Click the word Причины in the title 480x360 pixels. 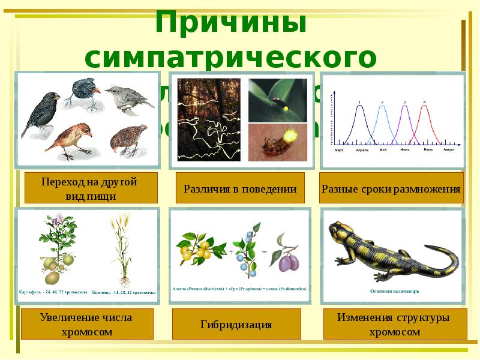(x=232, y=23)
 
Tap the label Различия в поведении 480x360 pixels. (x=240, y=188)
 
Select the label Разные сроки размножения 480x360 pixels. (x=391, y=189)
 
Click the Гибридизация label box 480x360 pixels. (x=236, y=325)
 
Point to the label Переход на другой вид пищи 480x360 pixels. (x=91, y=188)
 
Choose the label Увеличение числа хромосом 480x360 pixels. (x=86, y=324)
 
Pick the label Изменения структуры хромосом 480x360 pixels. (x=393, y=324)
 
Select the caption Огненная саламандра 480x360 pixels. (x=394, y=292)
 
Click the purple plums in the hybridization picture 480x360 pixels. (x=286, y=262)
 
